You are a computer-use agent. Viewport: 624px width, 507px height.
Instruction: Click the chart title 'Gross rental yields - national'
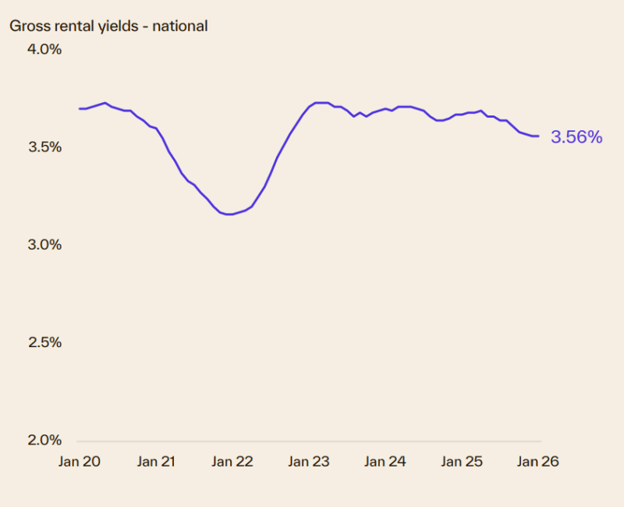[108, 26]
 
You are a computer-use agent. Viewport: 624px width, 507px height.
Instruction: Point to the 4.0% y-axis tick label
[45, 49]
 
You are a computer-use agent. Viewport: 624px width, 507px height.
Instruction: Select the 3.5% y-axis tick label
[45, 147]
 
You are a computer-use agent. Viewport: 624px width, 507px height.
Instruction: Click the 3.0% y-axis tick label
[45, 245]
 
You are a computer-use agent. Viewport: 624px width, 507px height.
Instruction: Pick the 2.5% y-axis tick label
[45, 342]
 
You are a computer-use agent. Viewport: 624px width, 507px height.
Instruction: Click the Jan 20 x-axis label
[80, 462]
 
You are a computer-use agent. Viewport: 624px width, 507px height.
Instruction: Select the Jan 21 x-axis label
[156, 462]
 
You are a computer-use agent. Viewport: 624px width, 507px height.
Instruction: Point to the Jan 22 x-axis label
[232, 462]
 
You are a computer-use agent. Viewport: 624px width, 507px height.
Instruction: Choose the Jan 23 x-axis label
[309, 462]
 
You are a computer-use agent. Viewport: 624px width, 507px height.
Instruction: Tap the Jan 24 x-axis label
[385, 462]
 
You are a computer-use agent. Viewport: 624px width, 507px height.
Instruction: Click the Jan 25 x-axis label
[462, 462]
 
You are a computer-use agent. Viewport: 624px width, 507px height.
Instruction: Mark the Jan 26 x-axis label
[538, 462]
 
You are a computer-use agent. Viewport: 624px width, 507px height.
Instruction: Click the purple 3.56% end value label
[576, 137]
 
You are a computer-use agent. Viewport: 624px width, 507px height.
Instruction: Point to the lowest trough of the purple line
[229, 214]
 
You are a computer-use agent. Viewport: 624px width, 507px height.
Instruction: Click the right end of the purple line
[539, 136]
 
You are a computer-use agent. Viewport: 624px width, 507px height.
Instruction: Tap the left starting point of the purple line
[80, 108]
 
